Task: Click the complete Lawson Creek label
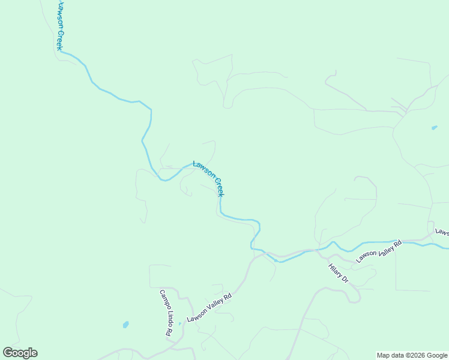[208, 178]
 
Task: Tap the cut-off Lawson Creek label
[62, 25]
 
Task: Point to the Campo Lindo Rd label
[165, 312]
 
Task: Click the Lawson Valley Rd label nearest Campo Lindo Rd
[209, 307]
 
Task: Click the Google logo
[20, 353]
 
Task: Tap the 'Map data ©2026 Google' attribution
[412, 355]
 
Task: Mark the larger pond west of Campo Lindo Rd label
[125, 325]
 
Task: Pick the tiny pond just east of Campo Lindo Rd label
[179, 324]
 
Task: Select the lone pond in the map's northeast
[434, 127]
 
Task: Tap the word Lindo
[166, 316]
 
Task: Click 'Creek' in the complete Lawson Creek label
[218, 188]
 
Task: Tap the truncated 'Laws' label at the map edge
[442, 232]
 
